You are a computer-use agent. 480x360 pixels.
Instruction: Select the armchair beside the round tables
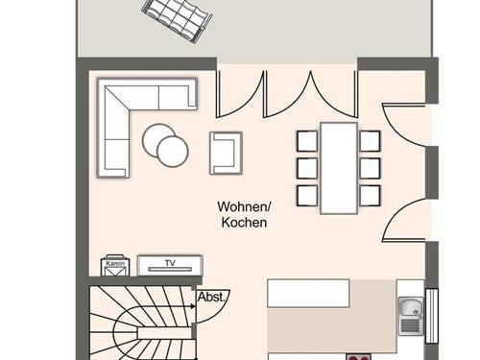click(x=226, y=154)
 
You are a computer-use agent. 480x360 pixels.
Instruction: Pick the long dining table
click(x=339, y=168)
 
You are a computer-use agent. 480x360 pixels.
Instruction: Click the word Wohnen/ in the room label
click(x=244, y=206)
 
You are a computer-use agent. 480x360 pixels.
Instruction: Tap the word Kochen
click(x=244, y=223)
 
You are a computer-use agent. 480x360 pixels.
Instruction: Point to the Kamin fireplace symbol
click(x=115, y=266)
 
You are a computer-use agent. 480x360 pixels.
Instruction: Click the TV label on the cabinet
click(x=170, y=263)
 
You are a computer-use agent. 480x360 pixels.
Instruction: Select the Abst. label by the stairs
click(x=211, y=297)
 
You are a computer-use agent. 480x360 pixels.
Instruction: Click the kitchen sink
click(x=412, y=316)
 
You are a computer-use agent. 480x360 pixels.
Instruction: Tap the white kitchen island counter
click(x=308, y=293)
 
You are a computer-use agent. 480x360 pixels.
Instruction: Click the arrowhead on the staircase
click(x=193, y=306)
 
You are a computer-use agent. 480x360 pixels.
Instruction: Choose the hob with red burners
click(x=358, y=357)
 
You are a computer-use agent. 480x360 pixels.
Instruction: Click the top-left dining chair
click(x=307, y=141)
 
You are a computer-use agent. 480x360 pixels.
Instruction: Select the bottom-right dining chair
click(x=370, y=196)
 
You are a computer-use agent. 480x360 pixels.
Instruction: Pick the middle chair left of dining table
click(x=307, y=168)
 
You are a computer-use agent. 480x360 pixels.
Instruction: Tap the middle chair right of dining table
click(x=370, y=168)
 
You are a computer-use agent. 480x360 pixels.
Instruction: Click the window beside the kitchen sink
click(x=432, y=316)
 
